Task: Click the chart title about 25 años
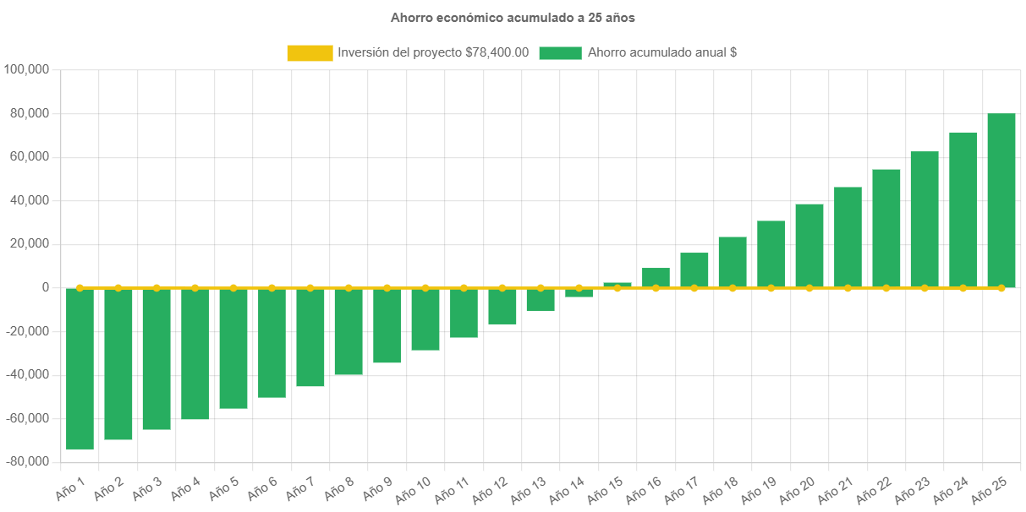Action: pyautogui.click(x=513, y=18)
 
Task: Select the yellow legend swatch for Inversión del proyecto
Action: pyautogui.click(x=310, y=53)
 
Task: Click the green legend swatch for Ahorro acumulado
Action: pyautogui.click(x=560, y=53)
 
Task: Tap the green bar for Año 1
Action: pyautogui.click(x=80, y=368)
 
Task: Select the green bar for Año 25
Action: pyautogui.click(x=1001, y=200)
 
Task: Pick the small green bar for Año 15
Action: pyautogui.click(x=617, y=285)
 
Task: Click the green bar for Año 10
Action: pyautogui.click(x=425, y=319)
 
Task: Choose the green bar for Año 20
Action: pyautogui.click(x=809, y=245)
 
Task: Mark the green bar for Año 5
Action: pyautogui.click(x=233, y=348)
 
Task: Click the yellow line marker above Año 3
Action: pyautogui.click(x=156, y=288)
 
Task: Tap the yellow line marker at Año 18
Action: pyautogui.click(x=732, y=288)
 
